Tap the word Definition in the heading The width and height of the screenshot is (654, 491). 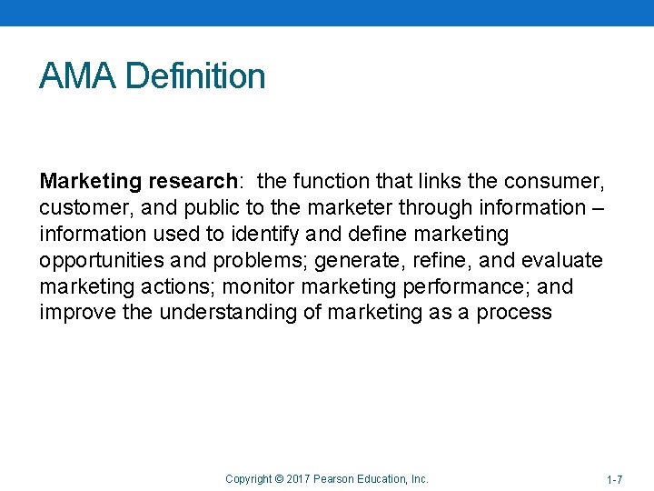click(x=196, y=76)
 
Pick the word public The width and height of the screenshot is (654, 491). click(x=191, y=207)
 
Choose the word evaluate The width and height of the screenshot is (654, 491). click(x=564, y=260)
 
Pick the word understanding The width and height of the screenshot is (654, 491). click(x=228, y=313)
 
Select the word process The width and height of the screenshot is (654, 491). click(x=518, y=313)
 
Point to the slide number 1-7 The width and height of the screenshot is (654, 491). click(x=614, y=479)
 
